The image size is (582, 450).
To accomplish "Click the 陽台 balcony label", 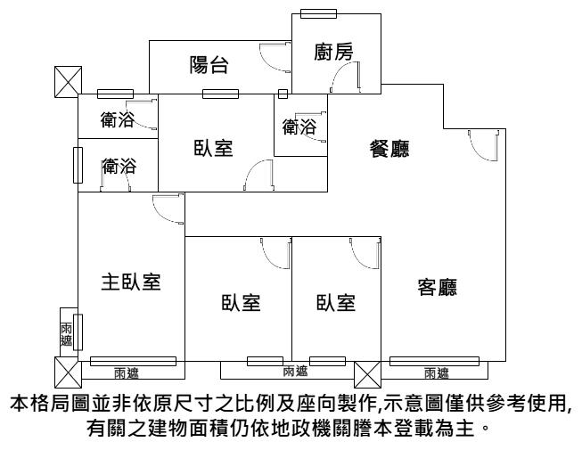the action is [209, 65].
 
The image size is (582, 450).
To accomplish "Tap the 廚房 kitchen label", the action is [333, 52].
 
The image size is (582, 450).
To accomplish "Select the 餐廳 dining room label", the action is [389, 149].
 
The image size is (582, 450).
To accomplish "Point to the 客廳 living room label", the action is [438, 287].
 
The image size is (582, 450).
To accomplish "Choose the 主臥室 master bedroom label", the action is [131, 282].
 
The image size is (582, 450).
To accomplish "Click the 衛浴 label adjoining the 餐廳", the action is [299, 127].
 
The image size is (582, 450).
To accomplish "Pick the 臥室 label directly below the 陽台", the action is [213, 148].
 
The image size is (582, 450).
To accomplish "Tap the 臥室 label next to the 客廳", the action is [336, 302].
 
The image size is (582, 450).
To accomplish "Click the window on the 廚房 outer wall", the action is [318, 13].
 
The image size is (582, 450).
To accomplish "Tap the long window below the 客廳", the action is [434, 361].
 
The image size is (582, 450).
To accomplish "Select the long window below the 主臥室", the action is [134, 361].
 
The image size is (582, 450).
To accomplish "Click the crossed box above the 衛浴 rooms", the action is [69, 82].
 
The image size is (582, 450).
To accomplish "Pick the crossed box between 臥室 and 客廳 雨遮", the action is [367, 375].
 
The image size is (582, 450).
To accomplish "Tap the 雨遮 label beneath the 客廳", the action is [437, 372].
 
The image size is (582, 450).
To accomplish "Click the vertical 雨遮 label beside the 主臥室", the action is [67, 335].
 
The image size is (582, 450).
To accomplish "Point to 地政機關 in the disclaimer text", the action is [338, 429].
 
